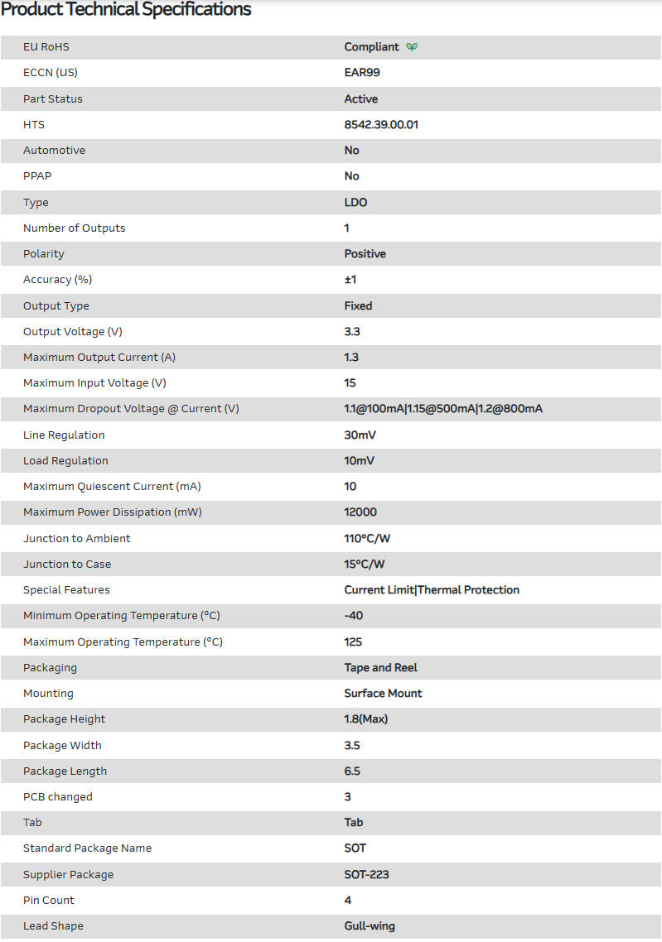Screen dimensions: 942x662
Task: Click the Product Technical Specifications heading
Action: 126,10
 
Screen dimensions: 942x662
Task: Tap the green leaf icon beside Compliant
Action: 412,47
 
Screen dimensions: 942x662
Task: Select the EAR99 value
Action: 362,73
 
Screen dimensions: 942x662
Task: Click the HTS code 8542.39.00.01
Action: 387,124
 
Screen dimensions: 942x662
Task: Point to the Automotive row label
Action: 54,151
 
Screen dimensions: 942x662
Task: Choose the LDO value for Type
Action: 355,202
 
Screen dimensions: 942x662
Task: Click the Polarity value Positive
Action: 365,253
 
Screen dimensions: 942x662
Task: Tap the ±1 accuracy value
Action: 350,280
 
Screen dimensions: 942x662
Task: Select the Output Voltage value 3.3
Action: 352,331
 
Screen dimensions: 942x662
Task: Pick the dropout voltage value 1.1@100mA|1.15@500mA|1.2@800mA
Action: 443,409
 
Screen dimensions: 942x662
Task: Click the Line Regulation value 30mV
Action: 360,435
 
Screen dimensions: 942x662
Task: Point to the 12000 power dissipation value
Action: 360,512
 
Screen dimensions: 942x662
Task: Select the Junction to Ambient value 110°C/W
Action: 367,538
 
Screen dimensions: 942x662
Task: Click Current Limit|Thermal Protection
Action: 432,590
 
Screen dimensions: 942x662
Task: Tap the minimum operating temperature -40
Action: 354,616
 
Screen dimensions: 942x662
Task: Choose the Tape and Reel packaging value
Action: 380,667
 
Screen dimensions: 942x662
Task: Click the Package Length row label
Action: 65,771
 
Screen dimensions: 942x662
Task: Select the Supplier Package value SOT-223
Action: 366,874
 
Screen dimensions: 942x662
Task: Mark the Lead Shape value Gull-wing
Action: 370,925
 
